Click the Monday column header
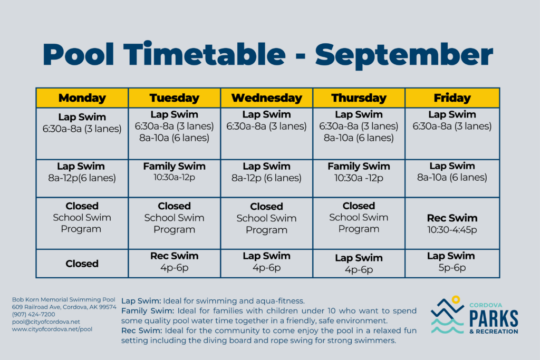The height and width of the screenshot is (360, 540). (82, 98)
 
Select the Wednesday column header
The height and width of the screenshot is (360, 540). (266, 98)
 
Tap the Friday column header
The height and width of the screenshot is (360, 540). (452, 98)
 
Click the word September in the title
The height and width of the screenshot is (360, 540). (404, 55)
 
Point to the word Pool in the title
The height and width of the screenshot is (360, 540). (78, 54)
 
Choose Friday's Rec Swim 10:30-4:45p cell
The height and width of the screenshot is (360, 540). (452, 223)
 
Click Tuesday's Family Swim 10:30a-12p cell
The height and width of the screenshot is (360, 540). (174, 178)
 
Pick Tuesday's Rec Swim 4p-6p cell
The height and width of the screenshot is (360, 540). (174, 264)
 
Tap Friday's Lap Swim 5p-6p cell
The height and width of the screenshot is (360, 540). (452, 264)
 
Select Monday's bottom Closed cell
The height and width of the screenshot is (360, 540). (82, 264)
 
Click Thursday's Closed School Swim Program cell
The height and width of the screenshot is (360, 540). (359, 223)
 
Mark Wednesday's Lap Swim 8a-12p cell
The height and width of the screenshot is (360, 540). (266, 178)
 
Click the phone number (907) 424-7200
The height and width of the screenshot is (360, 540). (33, 314)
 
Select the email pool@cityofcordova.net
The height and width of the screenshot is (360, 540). (46, 322)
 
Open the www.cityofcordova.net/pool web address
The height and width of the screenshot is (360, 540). (52, 329)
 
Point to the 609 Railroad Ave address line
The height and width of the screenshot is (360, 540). (64, 307)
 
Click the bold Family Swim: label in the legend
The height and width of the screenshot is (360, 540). (148, 311)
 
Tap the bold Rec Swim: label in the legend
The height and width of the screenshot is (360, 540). (141, 330)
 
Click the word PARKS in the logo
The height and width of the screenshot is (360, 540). (494, 319)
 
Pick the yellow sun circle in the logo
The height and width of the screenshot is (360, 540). (456, 299)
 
